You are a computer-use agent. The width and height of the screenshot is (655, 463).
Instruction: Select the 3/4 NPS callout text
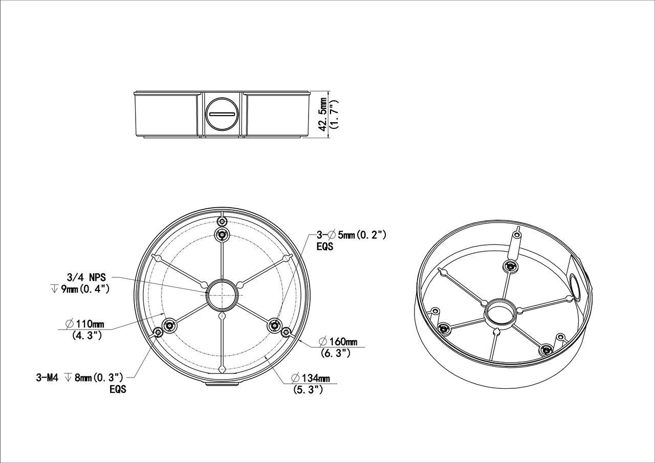click(x=86, y=277)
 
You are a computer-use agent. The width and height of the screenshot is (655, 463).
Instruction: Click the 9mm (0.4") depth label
click(x=80, y=289)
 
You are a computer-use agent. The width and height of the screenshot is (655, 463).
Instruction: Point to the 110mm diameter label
click(x=85, y=323)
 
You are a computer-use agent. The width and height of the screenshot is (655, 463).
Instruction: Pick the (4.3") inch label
click(x=87, y=335)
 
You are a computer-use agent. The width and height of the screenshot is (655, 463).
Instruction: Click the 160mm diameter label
click(x=338, y=341)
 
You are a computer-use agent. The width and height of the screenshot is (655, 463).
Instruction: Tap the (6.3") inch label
click(x=335, y=353)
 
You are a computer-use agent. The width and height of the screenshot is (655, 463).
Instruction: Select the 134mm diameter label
click(x=311, y=378)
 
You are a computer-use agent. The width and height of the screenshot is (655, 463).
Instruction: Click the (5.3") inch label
click(x=308, y=390)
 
